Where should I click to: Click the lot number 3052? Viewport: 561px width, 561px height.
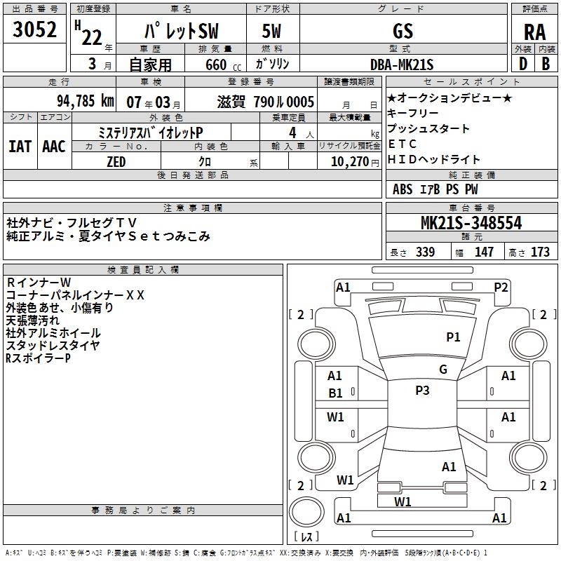coord(34,30)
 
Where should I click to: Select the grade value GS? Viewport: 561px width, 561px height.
coord(403,31)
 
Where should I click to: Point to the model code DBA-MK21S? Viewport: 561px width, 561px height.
coord(403,65)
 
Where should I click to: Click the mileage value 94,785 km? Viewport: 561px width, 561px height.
coord(86,100)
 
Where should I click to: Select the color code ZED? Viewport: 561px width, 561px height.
coord(116,161)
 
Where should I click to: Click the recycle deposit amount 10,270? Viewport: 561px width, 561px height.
coord(349,161)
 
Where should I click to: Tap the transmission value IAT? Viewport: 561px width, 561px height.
coord(20,146)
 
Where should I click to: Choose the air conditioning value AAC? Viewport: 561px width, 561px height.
coord(53,146)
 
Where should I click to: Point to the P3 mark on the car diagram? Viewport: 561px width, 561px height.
coord(422,391)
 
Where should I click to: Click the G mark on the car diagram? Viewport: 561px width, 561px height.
coord(443,370)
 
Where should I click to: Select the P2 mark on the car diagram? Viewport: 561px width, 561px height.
coord(501,286)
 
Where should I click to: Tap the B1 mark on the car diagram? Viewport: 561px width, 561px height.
coord(335,393)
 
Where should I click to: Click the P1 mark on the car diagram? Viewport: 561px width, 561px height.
coord(454,337)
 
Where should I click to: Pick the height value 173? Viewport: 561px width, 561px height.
coord(540,252)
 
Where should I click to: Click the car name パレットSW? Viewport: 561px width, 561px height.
coord(180,32)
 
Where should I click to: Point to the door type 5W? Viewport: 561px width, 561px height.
coord(272,31)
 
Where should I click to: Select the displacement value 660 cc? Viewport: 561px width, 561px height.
coord(219,65)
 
